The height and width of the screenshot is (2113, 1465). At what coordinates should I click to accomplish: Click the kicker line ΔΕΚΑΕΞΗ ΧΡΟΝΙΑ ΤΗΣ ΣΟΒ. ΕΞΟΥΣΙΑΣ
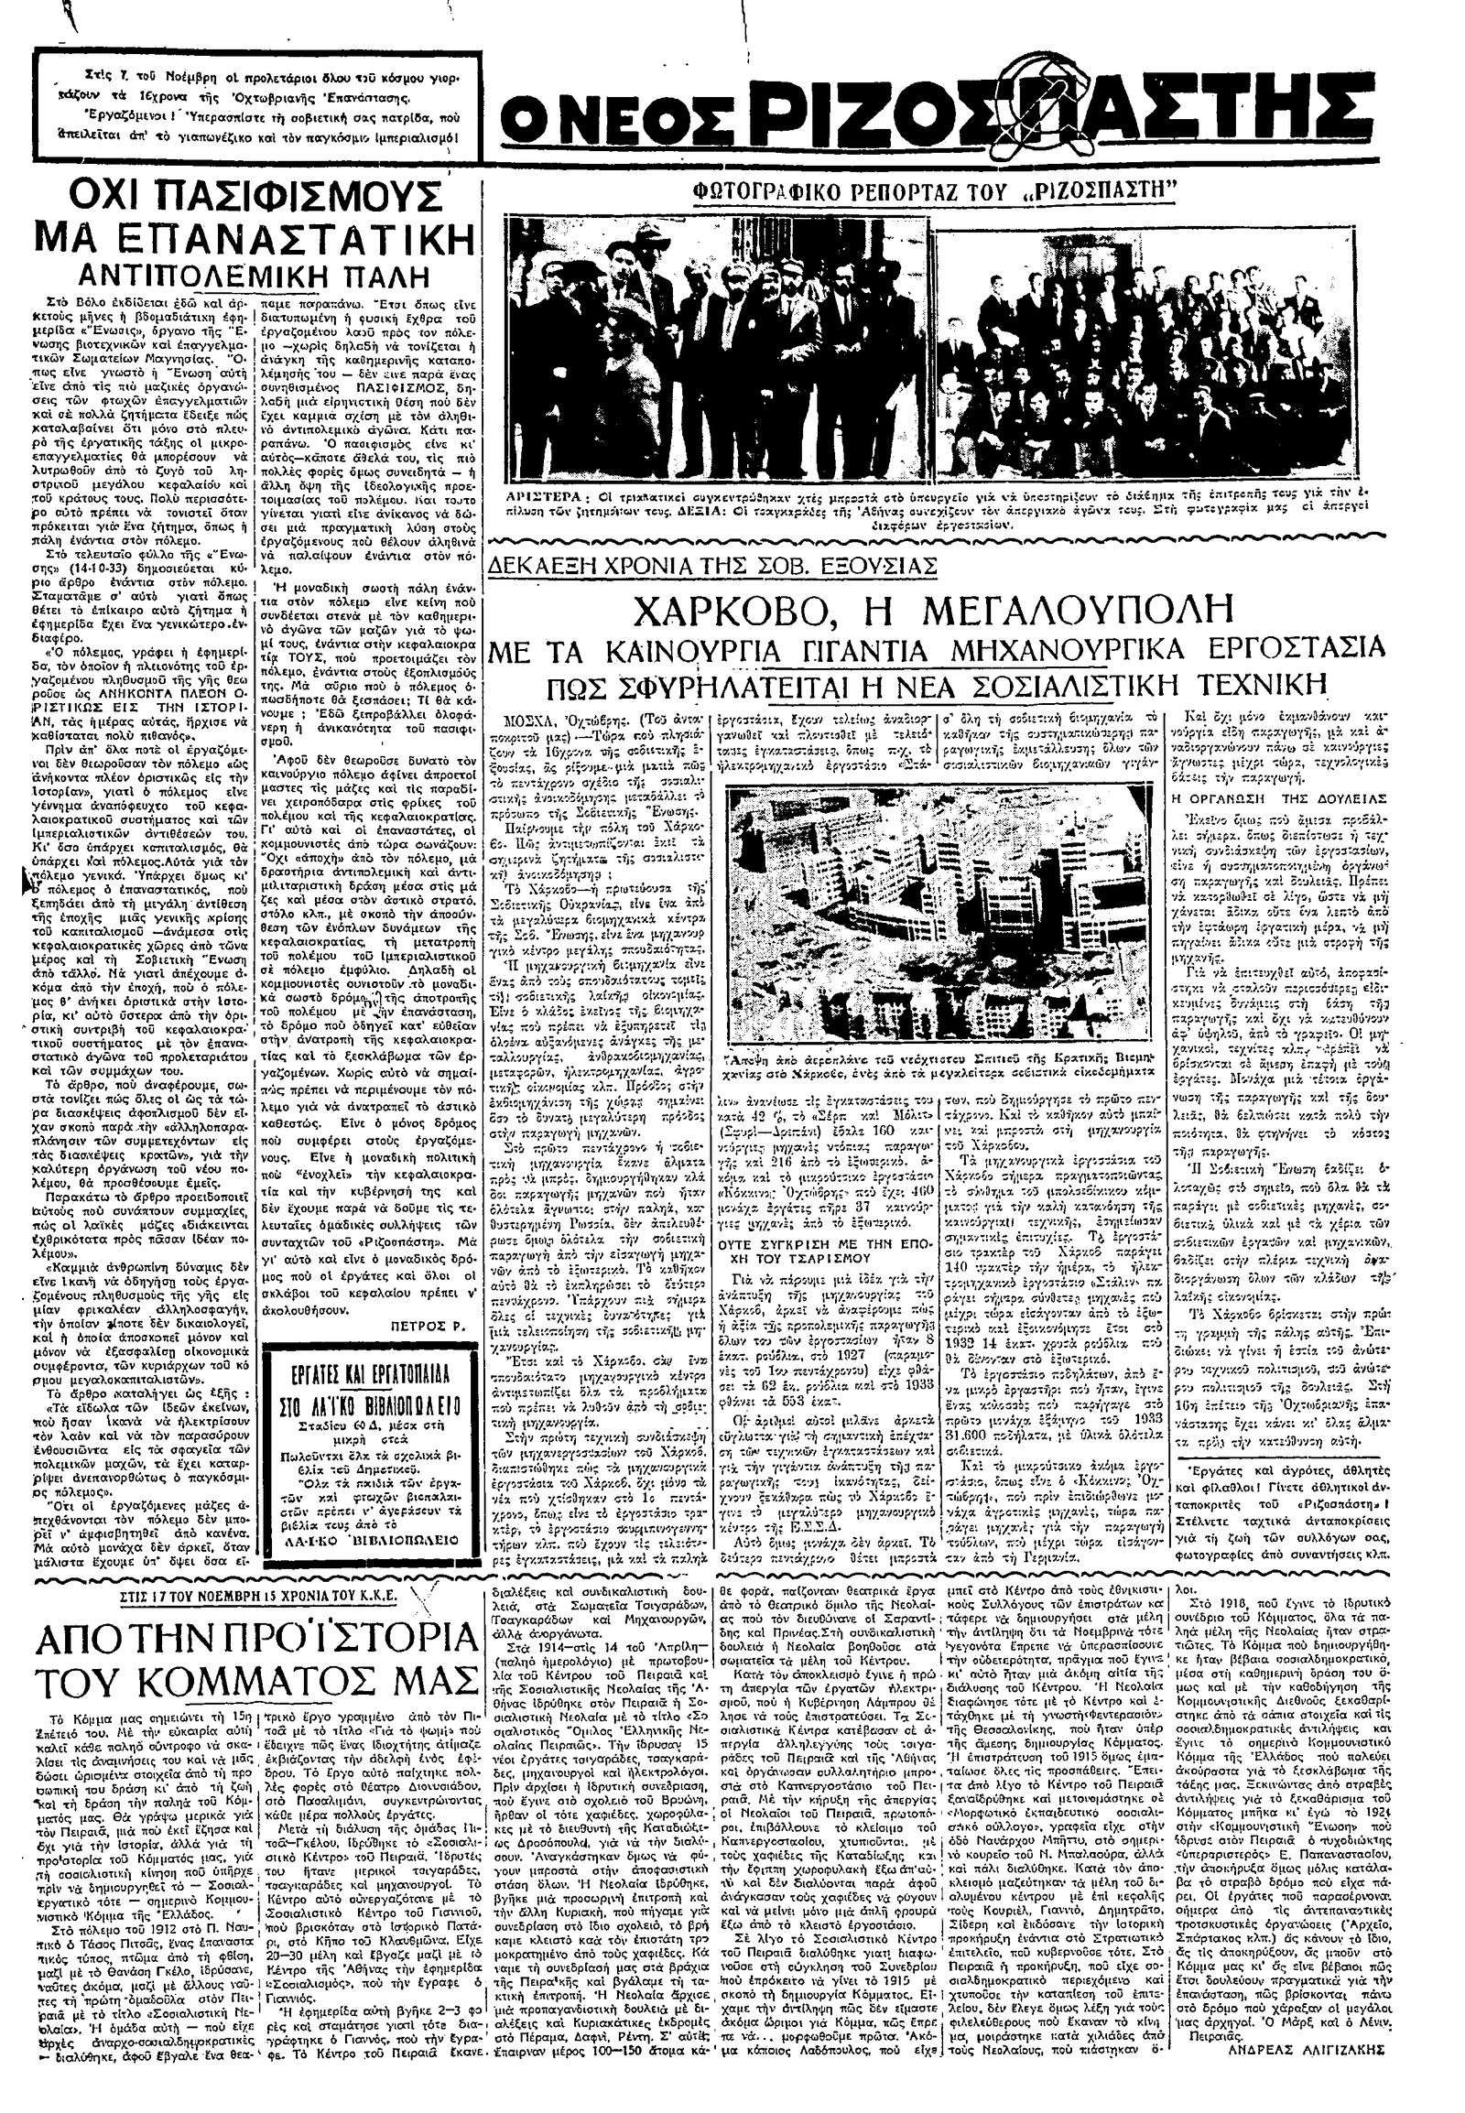715,565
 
